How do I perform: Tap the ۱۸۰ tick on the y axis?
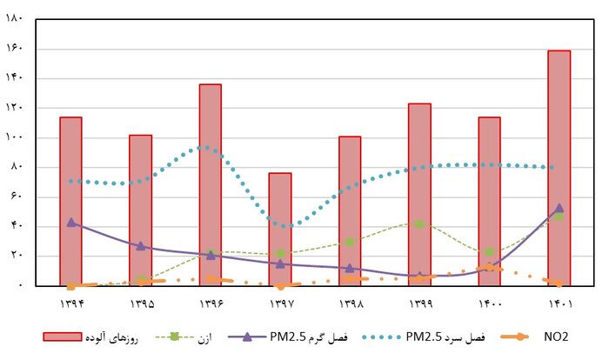[x=13, y=19]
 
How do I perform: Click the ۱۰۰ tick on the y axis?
[x=13, y=137]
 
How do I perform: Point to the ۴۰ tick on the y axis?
[x=15, y=226]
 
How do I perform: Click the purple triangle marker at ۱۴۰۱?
[x=559, y=209]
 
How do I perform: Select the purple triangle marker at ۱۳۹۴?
[x=70, y=223]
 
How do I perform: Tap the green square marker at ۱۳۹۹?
[x=419, y=223]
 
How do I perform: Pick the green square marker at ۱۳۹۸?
[x=350, y=242]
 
